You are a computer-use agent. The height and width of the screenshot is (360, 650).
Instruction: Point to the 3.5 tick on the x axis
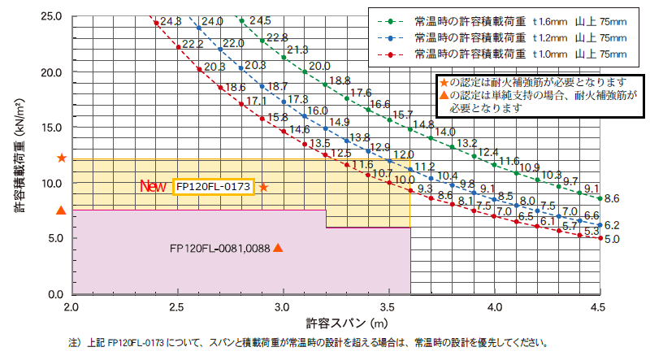click(388, 308)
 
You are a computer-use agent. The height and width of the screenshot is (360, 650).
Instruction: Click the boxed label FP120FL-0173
click(214, 187)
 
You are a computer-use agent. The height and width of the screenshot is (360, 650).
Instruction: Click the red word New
click(154, 187)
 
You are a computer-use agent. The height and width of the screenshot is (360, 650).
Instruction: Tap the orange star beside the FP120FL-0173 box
click(263, 187)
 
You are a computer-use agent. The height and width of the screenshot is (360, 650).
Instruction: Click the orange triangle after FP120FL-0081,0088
click(278, 248)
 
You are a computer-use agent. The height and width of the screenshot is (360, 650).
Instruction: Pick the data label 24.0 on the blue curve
click(212, 21)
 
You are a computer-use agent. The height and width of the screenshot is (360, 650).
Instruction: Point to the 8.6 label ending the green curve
click(612, 197)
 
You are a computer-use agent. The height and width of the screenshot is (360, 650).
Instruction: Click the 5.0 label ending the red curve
click(612, 239)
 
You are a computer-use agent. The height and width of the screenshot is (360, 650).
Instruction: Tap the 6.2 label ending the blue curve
click(612, 225)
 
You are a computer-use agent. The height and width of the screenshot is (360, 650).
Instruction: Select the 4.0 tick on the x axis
click(494, 308)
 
